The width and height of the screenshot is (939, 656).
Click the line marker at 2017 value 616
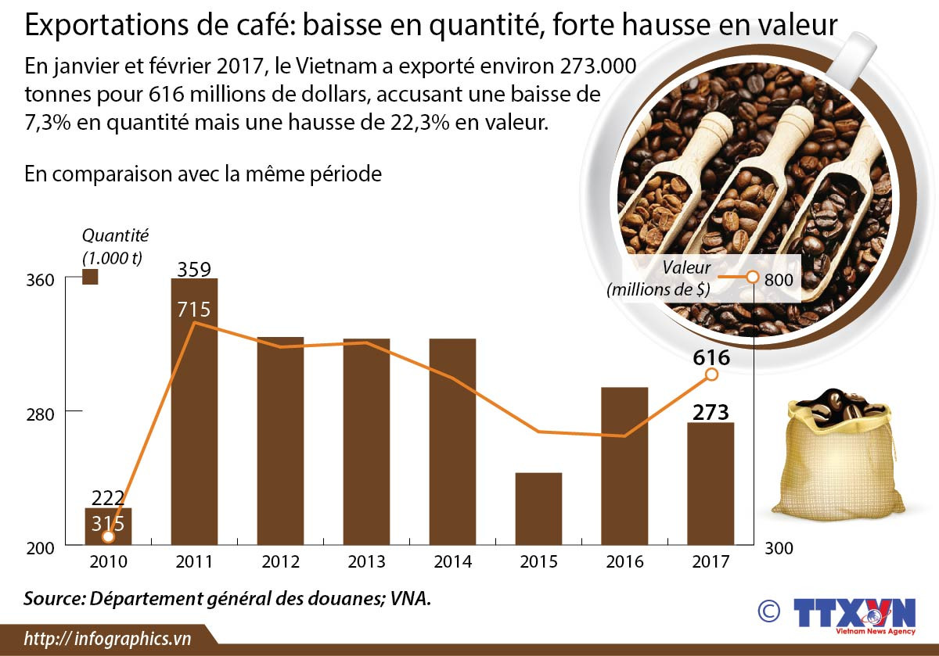[x=711, y=375]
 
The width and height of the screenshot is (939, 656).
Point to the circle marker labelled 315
[x=108, y=536]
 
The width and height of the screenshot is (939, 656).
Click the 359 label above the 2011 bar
[x=194, y=270]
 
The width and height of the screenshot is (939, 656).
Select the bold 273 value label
[x=711, y=412]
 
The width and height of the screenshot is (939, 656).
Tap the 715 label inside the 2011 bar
[x=193, y=310]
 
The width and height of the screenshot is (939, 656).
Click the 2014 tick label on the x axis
[x=452, y=561]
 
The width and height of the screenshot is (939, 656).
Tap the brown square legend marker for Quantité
[x=90, y=277]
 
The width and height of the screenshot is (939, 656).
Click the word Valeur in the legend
[x=685, y=267]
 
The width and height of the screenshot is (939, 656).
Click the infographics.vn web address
[x=108, y=638]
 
